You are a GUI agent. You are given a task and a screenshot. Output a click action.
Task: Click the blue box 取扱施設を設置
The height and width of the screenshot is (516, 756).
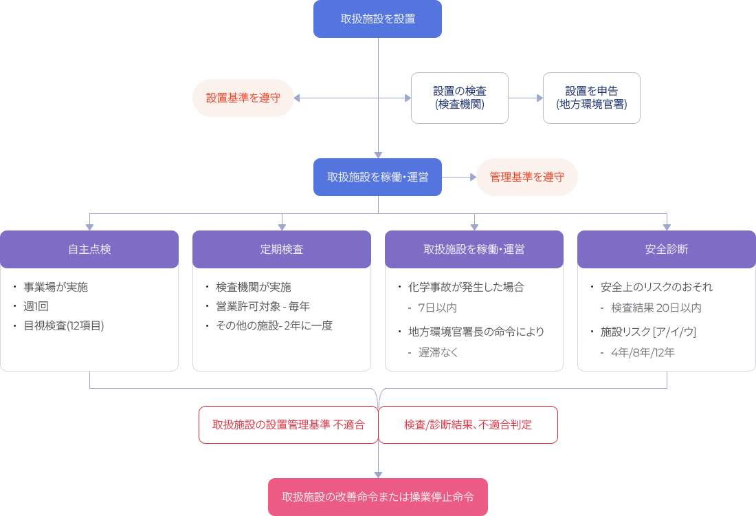[377, 19]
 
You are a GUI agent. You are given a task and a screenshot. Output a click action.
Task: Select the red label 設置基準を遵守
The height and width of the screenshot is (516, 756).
[243, 98]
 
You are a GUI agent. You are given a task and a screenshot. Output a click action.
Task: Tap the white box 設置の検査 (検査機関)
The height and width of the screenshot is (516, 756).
[460, 98]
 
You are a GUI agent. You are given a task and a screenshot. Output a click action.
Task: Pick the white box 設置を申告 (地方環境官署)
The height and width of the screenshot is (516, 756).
[591, 98]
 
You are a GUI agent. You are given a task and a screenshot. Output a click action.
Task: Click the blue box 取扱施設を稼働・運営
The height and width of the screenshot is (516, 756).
[377, 177]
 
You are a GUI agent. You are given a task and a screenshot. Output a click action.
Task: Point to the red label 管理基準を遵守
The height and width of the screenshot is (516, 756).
[526, 177]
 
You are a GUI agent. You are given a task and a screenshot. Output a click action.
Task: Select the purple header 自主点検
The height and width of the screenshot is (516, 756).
[89, 249]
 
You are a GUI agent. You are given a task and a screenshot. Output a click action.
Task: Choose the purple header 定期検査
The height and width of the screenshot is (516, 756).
[282, 249]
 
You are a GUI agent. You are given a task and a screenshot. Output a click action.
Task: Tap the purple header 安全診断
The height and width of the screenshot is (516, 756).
[666, 249]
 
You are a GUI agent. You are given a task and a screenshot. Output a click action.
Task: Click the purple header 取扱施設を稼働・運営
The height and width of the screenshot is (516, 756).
[474, 249]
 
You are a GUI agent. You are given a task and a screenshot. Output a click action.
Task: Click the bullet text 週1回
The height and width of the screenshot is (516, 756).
[36, 306]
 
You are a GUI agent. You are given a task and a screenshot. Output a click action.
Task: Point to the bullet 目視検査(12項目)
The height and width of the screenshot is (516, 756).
[64, 325]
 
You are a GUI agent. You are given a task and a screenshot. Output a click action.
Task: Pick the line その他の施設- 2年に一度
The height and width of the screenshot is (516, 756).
[274, 325]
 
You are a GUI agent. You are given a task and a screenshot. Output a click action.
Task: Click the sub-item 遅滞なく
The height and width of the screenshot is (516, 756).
[438, 352]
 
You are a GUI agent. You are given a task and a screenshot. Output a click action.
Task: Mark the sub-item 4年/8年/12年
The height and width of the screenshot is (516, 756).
[643, 352]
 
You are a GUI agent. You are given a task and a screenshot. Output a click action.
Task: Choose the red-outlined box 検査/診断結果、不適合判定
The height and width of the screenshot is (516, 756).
[468, 424]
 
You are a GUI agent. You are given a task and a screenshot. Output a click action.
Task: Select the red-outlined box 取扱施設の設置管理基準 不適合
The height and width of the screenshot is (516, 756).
[288, 424]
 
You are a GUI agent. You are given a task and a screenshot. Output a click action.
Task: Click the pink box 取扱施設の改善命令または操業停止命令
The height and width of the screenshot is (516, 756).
[377, 497]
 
